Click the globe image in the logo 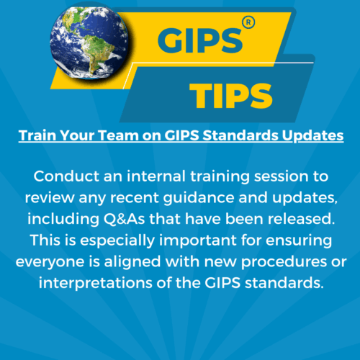point(89,44)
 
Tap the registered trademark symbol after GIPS point(248,23)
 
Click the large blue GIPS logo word point(200,40)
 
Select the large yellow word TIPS point(231,96)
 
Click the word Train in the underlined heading point(38,135)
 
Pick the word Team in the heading point(119,135)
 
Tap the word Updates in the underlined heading point(312,136)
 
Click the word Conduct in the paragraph point(66,176)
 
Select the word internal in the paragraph point(156,176)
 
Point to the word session point(281,176)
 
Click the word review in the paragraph point(50,198)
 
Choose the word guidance point(199,198)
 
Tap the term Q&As point(124,219)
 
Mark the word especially point(117,240)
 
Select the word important point(198,240)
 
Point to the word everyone point(50,262)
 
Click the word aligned point(132,262)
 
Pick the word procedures point(284,262)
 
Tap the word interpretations point(96,283)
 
